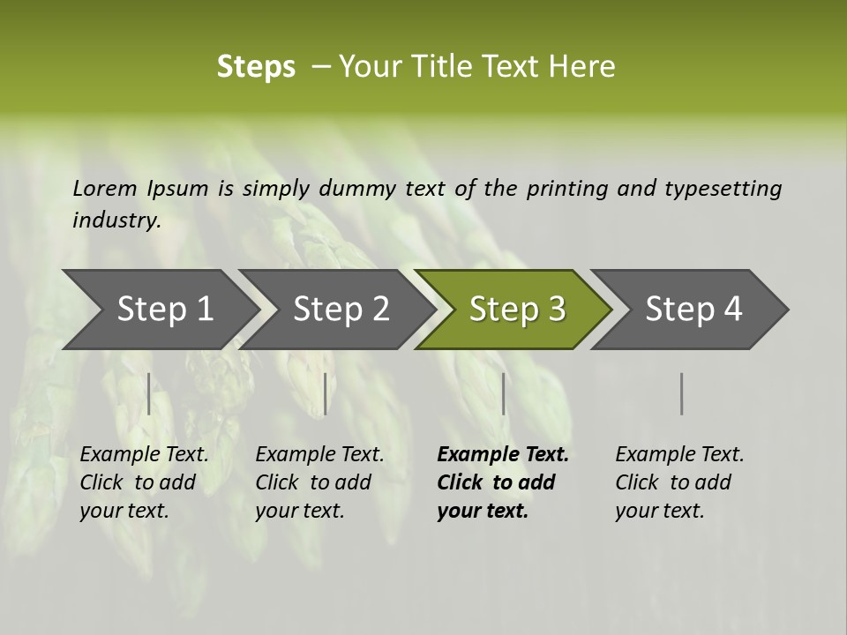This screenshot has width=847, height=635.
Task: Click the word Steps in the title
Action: (x=256, y=67)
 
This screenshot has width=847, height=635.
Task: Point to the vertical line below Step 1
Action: (x=149, y=393)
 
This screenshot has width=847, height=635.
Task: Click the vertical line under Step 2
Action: (x=326, y=393)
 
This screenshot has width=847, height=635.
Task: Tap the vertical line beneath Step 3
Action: (x=503, y=393)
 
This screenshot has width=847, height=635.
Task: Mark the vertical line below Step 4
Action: (x=681, y=393)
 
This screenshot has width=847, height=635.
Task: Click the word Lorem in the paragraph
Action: (x=104, y=189)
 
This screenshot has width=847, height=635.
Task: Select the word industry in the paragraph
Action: (x=116, y=220)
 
